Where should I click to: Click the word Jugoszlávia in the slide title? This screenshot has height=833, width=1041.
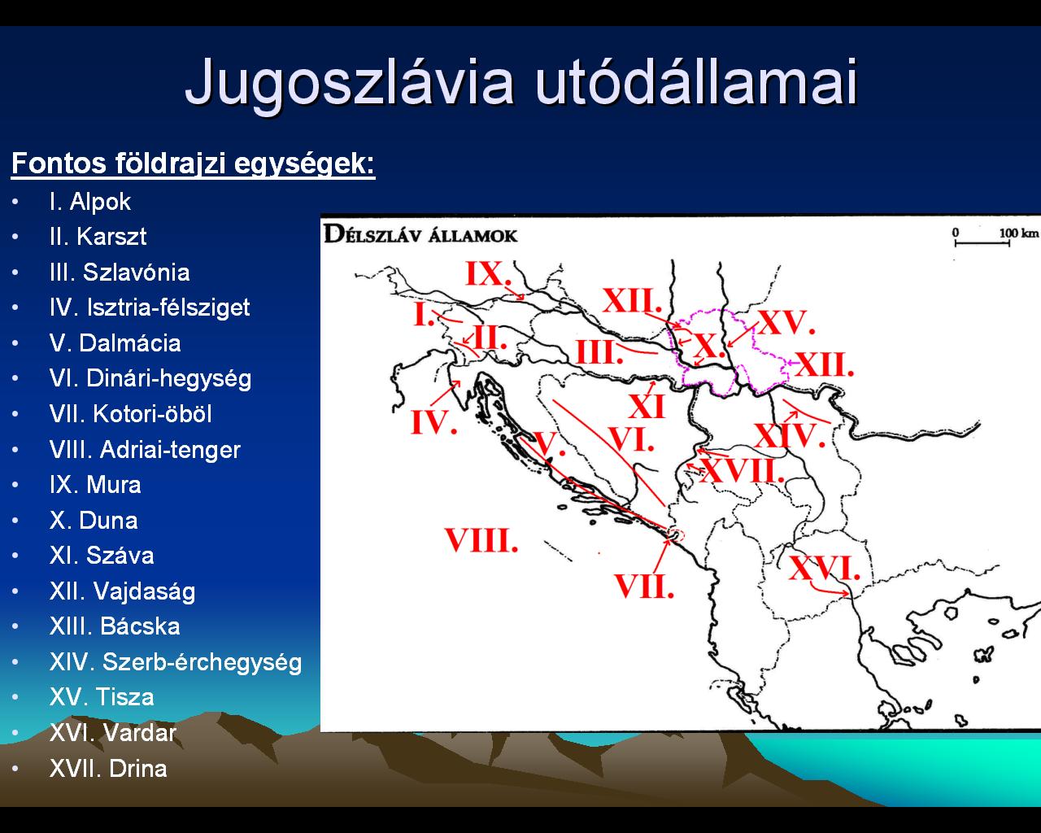349,82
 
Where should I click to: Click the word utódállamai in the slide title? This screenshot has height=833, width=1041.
697,81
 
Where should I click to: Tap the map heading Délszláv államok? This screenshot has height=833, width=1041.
420,235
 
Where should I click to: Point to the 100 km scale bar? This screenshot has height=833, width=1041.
982,243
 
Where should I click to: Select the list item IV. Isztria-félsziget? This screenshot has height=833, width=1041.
150,307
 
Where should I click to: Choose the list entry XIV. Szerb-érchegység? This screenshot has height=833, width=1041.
176,662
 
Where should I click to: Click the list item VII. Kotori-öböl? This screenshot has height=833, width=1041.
131,414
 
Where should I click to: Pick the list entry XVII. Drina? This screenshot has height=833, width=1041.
108,769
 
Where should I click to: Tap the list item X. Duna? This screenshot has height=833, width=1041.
94,521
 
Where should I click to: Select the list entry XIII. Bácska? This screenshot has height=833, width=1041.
115,626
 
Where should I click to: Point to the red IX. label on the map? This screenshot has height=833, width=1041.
488,273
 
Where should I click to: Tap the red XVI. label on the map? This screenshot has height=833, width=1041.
825,568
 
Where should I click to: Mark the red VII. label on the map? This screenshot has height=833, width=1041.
644,586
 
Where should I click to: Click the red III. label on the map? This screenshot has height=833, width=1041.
599,352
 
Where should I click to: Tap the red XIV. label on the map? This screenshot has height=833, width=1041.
790,436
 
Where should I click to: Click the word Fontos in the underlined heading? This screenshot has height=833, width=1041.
59,163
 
